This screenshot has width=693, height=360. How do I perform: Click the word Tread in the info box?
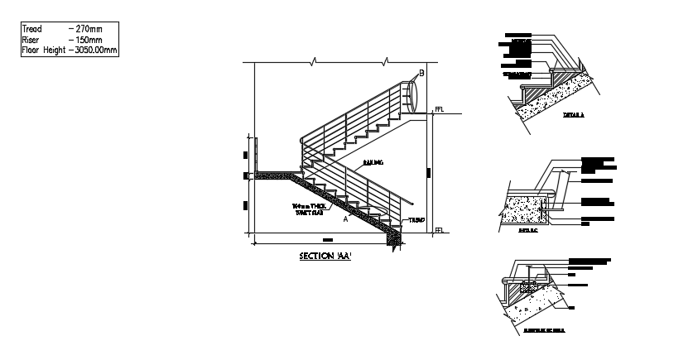click(x=31, y=28)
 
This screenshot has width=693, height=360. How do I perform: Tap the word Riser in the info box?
click(x=30, y=39)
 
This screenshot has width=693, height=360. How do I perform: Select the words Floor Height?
click(x=43, y=50)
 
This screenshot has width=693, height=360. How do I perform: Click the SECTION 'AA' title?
click(x=325, y=257)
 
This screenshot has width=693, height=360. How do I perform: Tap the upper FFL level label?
click(x=439, y=109)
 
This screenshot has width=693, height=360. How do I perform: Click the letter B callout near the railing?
click(x=421, y=74)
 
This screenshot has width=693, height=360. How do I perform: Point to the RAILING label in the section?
click(x=373, y=163)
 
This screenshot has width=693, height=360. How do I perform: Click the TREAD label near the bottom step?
click(x=416, y=220)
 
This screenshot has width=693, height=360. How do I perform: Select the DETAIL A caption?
click(x=573, y=115)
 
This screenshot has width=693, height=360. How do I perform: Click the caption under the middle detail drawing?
click(x=528, y=231)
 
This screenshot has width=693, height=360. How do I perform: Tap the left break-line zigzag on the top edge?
click(x=313, y=61)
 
